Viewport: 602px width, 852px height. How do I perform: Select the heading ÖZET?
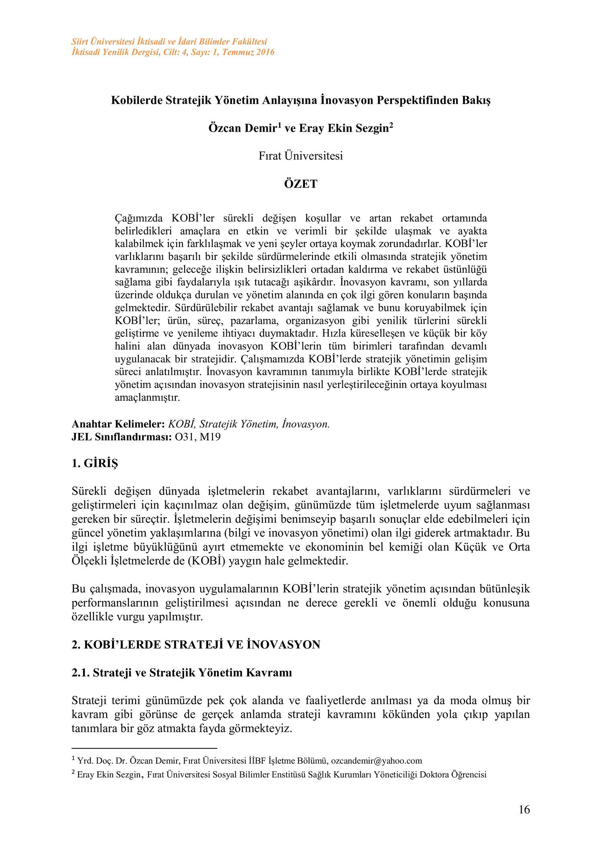301,184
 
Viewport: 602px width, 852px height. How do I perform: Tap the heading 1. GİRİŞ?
95,464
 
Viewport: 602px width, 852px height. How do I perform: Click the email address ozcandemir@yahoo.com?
376,760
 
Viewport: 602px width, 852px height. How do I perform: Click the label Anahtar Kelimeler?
118,424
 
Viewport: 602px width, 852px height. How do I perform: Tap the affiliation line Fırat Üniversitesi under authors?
301,156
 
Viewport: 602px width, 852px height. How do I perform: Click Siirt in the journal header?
79,42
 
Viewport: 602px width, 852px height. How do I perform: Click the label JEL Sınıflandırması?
122,437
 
